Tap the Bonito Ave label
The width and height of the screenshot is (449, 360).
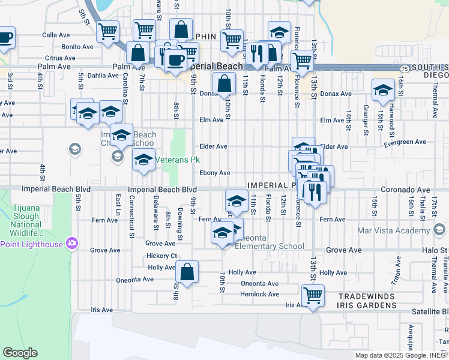(77, 46)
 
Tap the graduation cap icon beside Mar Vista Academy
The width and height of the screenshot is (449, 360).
(439, 230)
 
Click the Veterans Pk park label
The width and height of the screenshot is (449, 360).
(178, 160)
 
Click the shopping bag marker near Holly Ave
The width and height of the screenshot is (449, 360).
(187, 272)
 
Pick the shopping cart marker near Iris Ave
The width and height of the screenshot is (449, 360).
(313, 295)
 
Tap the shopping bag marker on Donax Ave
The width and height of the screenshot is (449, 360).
(224, 83)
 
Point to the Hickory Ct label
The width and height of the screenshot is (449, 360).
(161, 256)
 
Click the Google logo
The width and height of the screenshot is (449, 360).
(20, 353)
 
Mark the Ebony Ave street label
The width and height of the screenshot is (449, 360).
(215, 173)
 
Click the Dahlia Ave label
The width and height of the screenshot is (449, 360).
(103, 76)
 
